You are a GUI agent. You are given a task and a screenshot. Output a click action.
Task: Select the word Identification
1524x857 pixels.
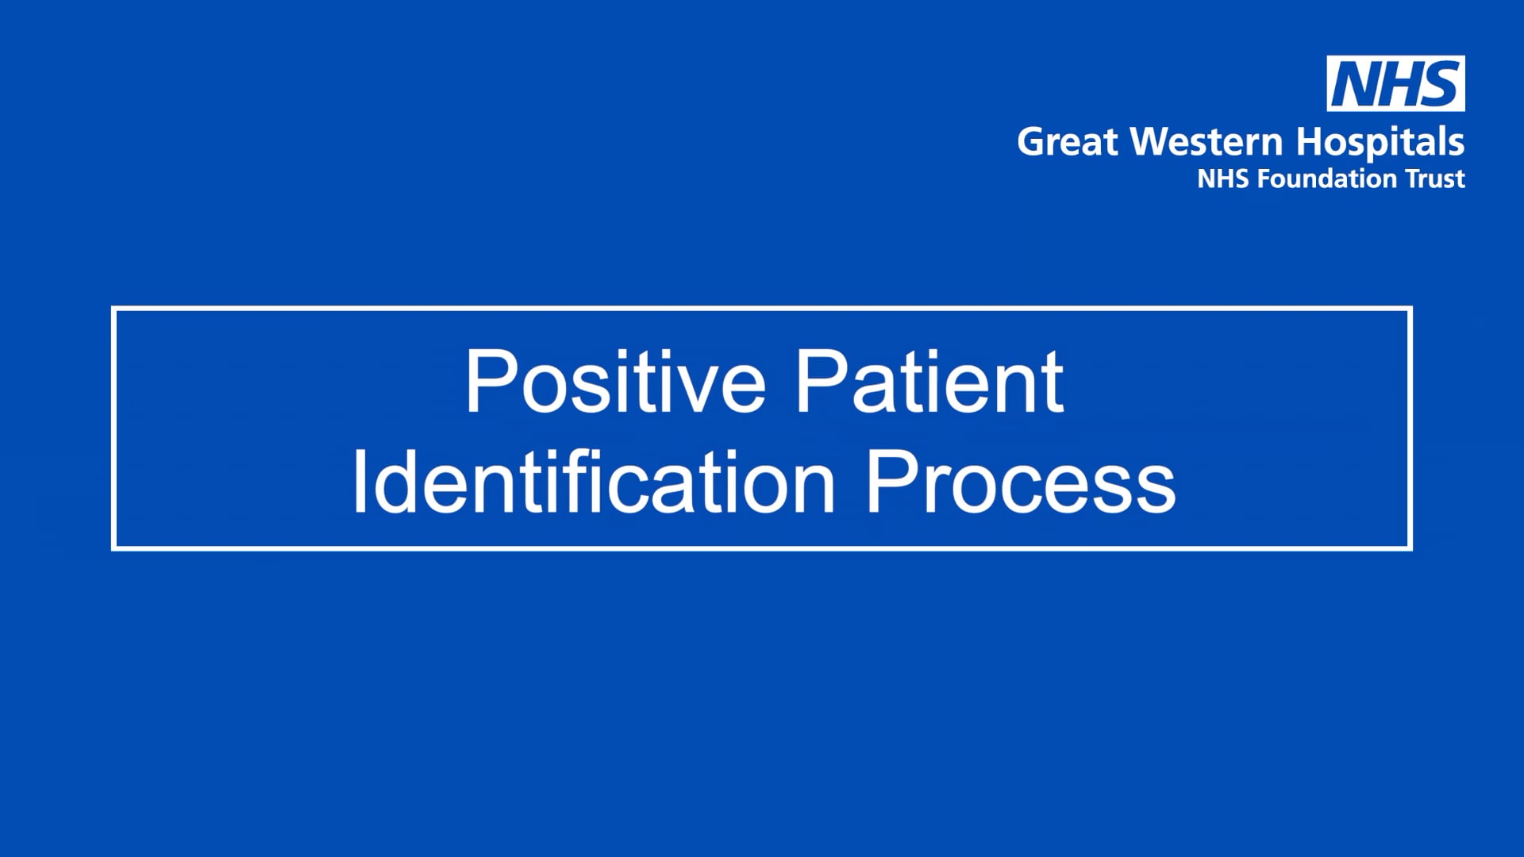(594, 482)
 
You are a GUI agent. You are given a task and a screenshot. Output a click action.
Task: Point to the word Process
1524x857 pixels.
(1020, 482)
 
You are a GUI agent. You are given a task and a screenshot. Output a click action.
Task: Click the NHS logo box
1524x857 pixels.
(1395, 83)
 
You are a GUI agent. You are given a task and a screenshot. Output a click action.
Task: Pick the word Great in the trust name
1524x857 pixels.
(1068, 142)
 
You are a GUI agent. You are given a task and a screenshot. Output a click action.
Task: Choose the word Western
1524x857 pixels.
(1206, 142)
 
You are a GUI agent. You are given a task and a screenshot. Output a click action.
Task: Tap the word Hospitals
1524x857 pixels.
(1380, 144)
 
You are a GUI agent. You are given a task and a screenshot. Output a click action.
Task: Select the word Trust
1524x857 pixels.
(1435, 179)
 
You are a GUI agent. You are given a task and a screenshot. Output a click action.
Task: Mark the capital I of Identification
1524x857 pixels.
(360, 482)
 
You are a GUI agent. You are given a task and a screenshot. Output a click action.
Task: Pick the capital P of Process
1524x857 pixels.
(891, 482)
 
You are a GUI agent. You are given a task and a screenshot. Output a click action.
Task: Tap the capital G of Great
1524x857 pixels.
(1033, 142)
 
